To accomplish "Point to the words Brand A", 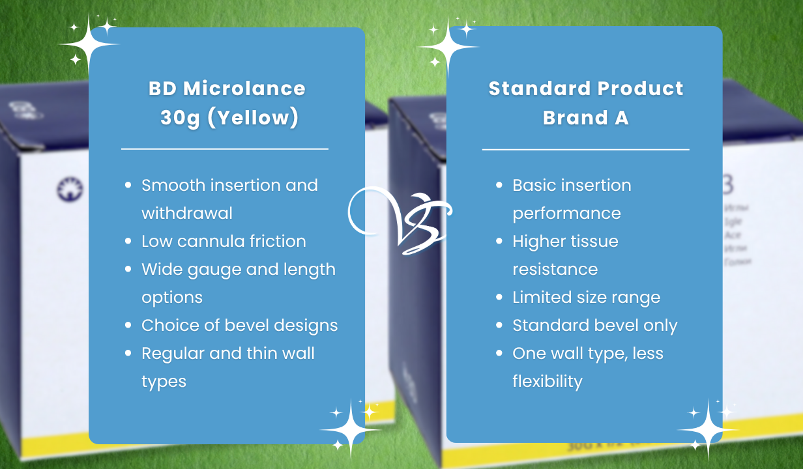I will pos(585,119).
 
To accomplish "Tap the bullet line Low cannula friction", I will pos(224,241).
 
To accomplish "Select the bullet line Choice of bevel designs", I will pos(239,325).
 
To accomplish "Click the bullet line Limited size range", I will pos(586,297).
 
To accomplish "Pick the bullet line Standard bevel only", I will pos(594,325).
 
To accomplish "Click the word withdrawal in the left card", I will pos(187,213).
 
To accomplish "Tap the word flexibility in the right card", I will pos(547,381).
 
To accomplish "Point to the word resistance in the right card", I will pos(555,269).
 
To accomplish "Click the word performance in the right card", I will pos(566,213).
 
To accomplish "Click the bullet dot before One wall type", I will pos(499,353).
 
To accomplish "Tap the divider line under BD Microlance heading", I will pos(225,149).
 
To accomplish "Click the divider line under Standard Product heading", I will pos(585,149).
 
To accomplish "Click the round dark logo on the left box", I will pos(66,190).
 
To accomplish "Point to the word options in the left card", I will pos(172,297).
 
